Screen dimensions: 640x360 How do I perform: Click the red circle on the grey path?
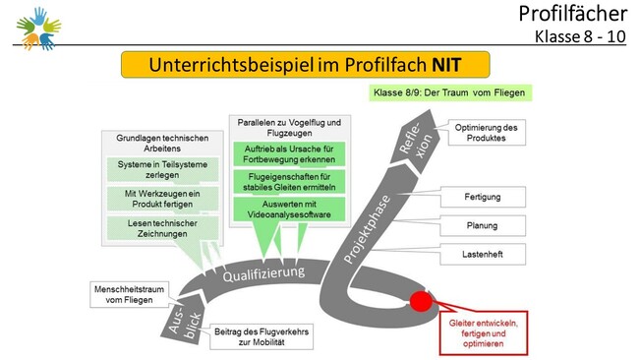point(421,302)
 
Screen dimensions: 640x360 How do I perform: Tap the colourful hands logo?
point(38,29)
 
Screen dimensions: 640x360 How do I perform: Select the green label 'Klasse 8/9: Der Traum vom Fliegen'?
point(450,92)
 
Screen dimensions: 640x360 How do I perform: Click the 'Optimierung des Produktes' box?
point(487,133)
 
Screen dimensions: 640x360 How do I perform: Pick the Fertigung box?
point(483,197)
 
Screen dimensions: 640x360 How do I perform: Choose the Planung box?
point(483,225)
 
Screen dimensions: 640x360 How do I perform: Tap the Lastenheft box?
point(483,255)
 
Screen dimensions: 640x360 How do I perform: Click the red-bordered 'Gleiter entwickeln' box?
point(484,333)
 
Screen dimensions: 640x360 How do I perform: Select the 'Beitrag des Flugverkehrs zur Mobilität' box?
point(262,336)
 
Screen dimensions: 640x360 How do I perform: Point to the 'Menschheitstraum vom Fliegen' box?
point(129,294)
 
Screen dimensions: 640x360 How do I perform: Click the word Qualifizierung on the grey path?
point(263,273)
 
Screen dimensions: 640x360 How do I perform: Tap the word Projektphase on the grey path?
point(367,229)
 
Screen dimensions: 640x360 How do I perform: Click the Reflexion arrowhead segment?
point(416,138)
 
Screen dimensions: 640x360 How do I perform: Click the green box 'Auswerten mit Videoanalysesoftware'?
point(289,210)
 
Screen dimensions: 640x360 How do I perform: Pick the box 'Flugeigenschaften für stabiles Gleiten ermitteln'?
point(289,182)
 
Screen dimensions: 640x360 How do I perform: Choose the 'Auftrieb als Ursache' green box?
point(289,154)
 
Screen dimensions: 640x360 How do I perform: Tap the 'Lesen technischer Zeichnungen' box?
point(162,228)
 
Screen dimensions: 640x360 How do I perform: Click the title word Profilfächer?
point(572,14)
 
